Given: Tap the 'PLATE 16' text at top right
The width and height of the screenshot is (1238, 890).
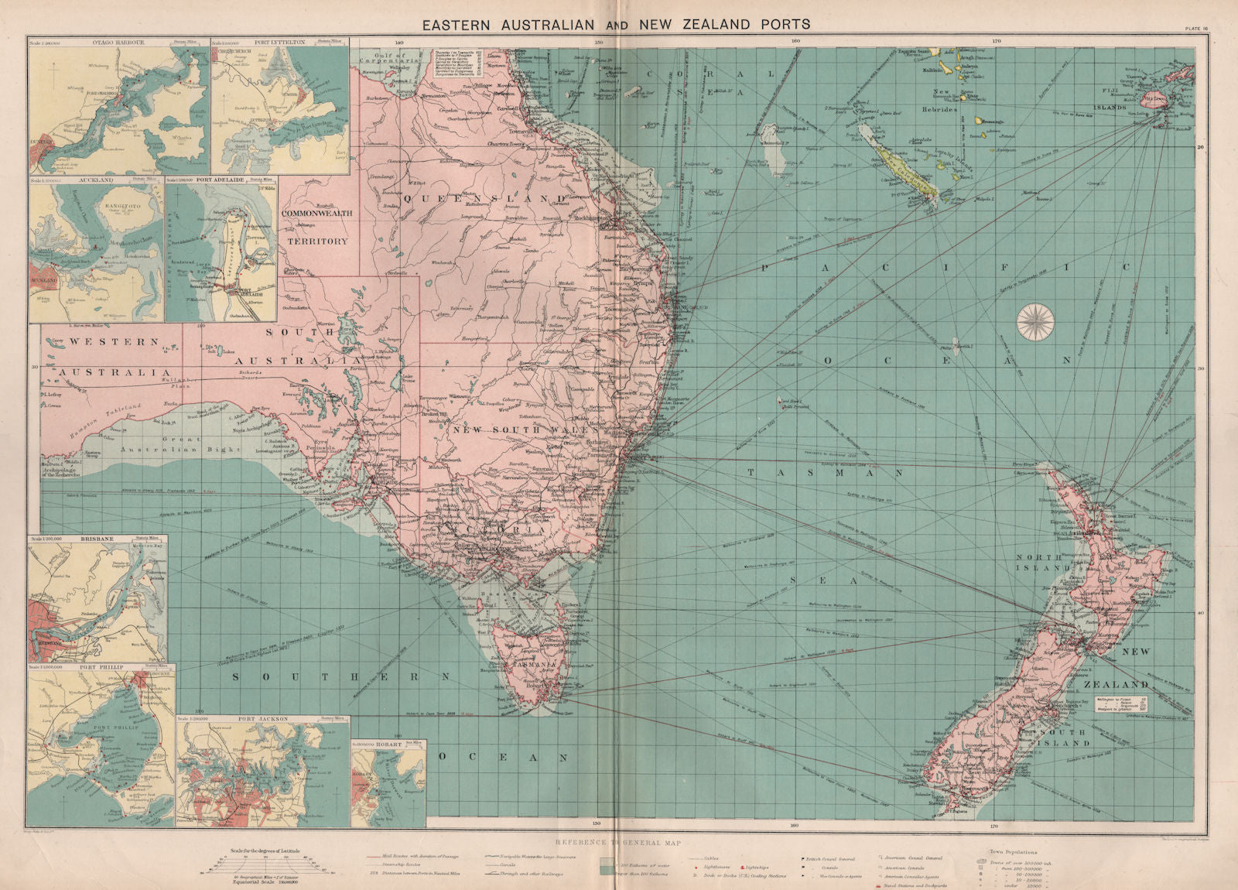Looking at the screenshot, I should (x=1202, y=29).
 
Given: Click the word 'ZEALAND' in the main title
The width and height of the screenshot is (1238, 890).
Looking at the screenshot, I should (x=710, y=25).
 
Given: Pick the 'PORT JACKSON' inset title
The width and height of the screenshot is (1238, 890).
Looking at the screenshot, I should (x=262, y=719).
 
